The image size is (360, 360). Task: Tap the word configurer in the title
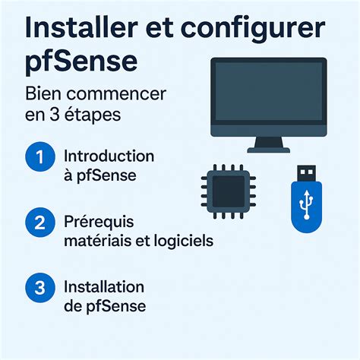(x=253, y=30)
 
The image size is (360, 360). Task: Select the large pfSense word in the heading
(x=81, y=61)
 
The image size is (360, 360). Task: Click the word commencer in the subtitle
(x=116, y=94)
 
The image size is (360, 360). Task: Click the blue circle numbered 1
(x=40, y=156)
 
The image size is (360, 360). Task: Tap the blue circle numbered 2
(x=40, y=223)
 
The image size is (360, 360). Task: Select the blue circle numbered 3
(x=40, y=288)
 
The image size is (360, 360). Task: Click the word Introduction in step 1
(x=109, y=156)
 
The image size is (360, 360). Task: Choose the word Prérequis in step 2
(x=99, y=223)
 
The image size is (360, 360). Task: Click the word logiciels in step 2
(x=184, y=241)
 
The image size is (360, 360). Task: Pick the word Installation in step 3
(x=104, y=287)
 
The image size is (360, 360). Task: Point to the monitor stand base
(x=269, y=150)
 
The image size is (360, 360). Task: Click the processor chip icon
(x=229, y=191)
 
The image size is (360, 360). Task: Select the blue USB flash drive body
(x=307, y=207)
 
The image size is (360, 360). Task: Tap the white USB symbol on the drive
(x=307, y=204)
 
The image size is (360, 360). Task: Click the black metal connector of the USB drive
(x=306, y=173)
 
